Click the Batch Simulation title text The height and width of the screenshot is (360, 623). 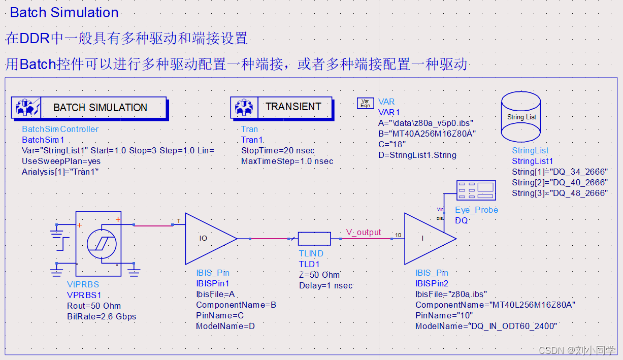coord(64,13)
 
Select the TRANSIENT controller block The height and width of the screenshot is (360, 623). coord(282,107)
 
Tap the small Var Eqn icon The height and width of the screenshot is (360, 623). coord(365,104)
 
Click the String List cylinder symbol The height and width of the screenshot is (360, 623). coord(521,117)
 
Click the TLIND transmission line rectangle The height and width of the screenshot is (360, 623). coord(314,238)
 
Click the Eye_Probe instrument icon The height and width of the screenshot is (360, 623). coord(476,190)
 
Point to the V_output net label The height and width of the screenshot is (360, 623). coord(363,232)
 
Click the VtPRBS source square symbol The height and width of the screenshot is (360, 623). coord(98,244)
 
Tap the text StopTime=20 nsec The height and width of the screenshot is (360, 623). coord(278,151)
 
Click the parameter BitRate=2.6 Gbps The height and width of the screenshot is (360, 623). coord(102,316)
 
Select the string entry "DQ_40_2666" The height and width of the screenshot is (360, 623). coord(560,182)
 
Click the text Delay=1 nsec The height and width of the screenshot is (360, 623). coord(325,285)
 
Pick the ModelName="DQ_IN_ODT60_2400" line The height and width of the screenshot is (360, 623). coord(486,326)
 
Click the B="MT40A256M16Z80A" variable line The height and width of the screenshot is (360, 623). coord(427,134)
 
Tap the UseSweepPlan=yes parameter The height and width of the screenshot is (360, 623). coord(61,161)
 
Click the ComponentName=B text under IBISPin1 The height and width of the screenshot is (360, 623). coord(236,305)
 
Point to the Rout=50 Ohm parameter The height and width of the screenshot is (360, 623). coord(94,306)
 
